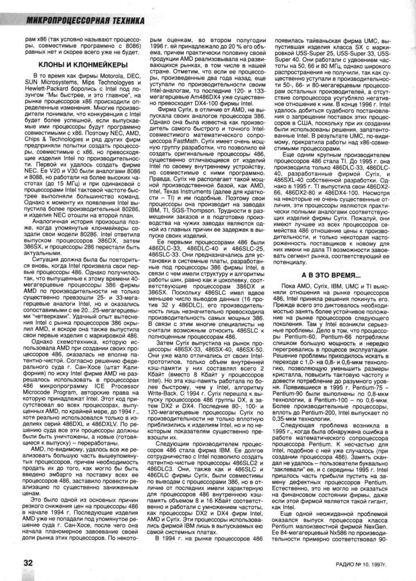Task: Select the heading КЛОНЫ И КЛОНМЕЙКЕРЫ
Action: pos(83,65)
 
